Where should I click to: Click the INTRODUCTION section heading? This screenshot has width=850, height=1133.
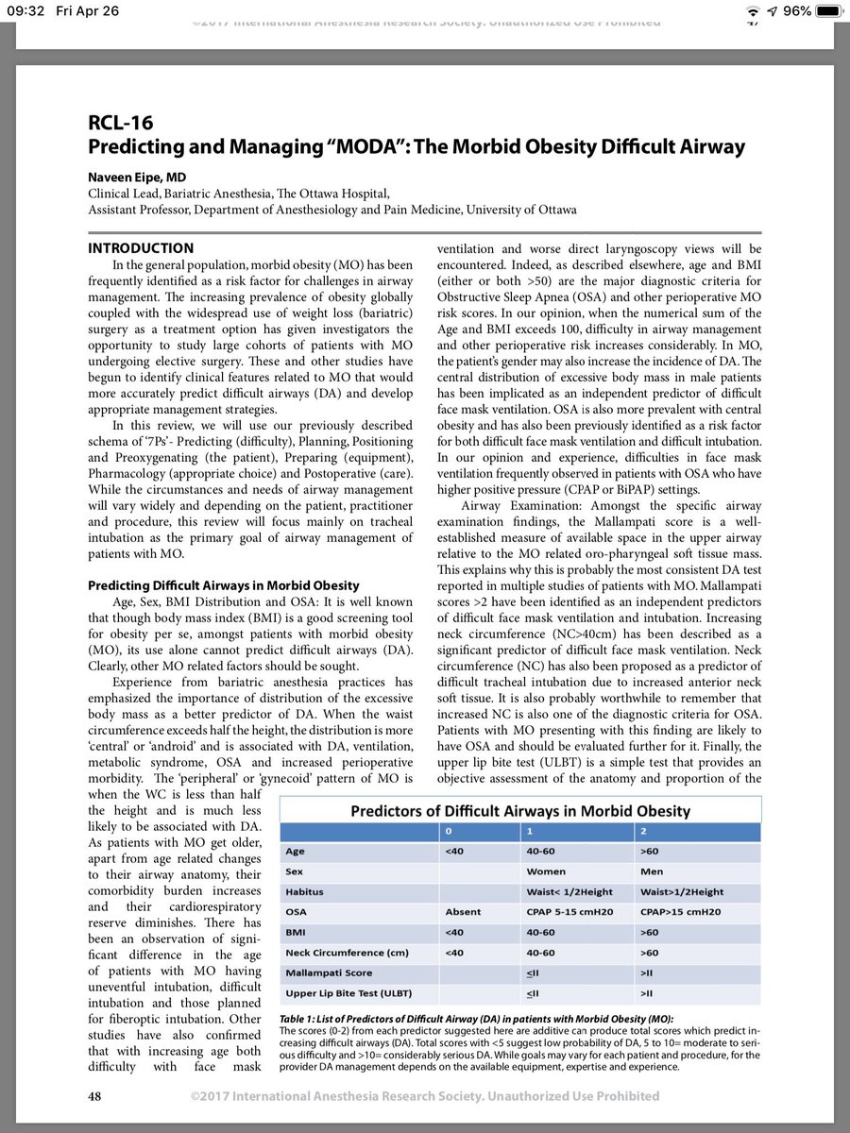[141, 248]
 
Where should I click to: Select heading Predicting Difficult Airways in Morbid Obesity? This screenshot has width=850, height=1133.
[229, 586]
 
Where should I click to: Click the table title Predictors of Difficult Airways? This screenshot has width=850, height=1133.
[520, 811]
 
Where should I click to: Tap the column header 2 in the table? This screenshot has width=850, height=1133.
[643, 830]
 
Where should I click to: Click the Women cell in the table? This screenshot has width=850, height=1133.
[547, 871]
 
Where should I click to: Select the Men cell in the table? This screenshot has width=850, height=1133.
[653, 871]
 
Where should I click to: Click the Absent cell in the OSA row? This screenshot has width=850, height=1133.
[464, 912]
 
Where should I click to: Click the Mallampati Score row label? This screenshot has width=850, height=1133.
[328, 972]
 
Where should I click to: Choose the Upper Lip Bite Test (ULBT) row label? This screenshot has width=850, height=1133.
[348, 993]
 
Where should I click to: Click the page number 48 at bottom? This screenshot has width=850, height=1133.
[95, 1096]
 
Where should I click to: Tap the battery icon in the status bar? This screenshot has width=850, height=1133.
[828, 11]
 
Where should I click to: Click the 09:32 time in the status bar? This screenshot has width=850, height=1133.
[25, 11]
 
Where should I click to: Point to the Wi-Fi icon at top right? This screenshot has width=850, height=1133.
[753, 11]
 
